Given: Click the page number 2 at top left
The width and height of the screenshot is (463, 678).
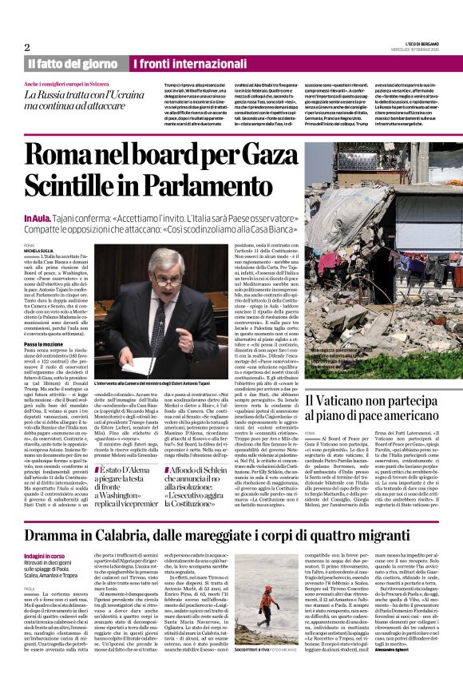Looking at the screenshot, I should pyautogui.click(x=27, y=47).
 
